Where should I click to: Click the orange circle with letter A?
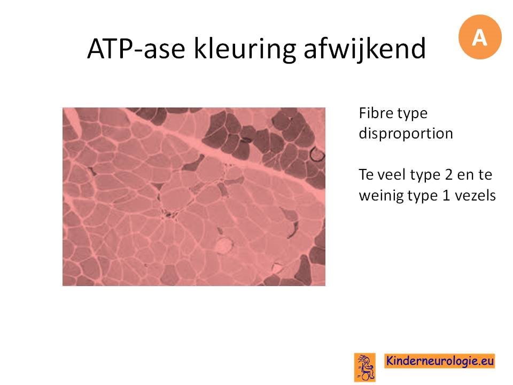tap(480, 37)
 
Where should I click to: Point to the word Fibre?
tap(375, 113)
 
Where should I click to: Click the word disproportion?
tap(406, 134)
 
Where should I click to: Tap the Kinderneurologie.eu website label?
tap(439, 361)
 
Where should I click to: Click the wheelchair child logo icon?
tap(365, 367)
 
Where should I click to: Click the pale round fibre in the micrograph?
tap(224, 245)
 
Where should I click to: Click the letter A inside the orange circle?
tap(480, 37)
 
